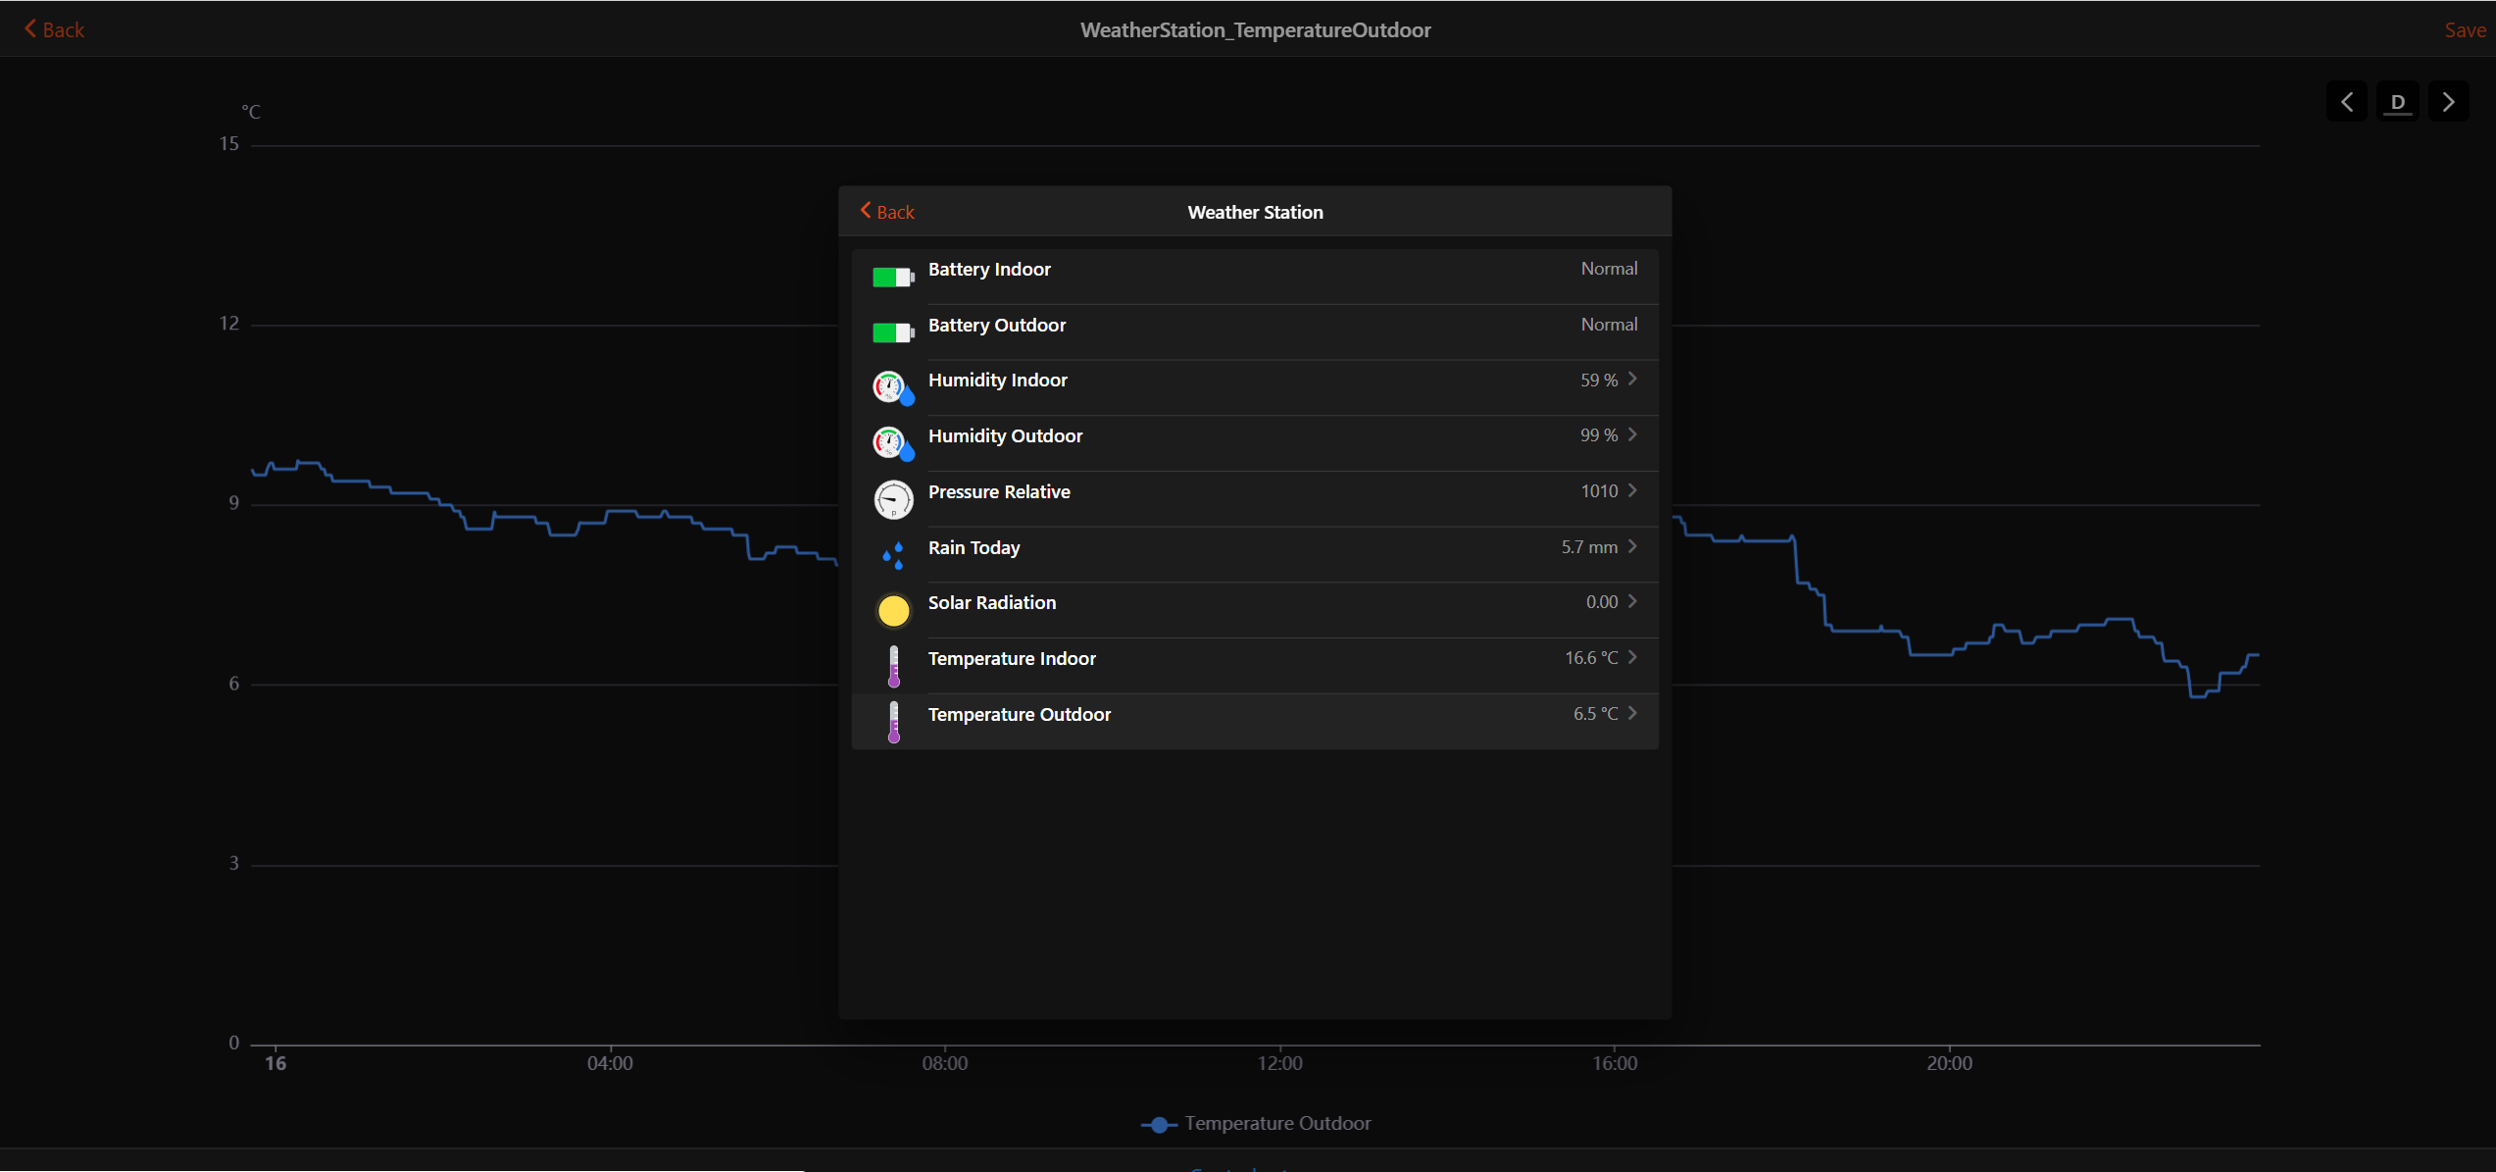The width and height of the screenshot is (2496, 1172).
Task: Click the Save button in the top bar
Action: coord(2464,30)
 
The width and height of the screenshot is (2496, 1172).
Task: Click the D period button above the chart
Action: coord(2397,102)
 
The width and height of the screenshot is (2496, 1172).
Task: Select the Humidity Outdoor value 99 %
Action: coord(1598,435)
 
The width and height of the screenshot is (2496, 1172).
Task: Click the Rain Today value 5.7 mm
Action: coord(1588,547)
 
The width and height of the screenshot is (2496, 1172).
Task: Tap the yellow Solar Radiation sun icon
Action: coord(893,610)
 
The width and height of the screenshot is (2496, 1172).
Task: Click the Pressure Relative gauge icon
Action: coord(893,499)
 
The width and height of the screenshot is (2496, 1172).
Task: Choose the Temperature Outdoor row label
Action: coord(1019,715)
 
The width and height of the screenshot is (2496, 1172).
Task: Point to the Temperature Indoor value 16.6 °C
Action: coord(1590,658)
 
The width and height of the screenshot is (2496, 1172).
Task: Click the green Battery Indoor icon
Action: coord(893,278)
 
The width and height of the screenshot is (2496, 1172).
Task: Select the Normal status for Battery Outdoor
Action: coord(1608,325)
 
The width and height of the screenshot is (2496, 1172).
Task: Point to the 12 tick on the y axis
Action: coord(229,324)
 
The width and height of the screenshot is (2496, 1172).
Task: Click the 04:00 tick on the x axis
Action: coord(610,1063)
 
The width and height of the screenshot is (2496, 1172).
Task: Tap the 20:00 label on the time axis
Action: coord(1949,1063)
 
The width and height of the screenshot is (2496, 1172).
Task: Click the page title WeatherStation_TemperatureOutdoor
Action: coord(1255,30)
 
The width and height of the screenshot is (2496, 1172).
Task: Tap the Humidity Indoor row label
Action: coord(997,381)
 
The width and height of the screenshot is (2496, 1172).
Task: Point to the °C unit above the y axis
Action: coord(251,112)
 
